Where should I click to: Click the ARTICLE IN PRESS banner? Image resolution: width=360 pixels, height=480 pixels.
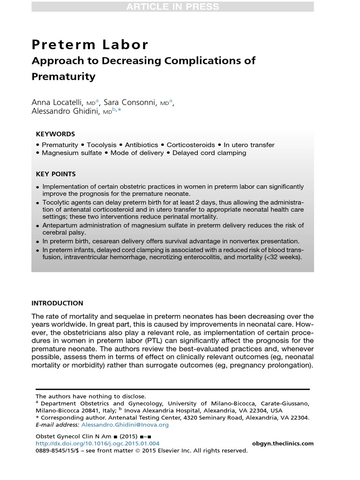coord(172,7)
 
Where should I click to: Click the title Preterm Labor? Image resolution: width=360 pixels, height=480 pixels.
coord(90,45)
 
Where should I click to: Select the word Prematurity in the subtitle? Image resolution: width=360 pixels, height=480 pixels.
coord(63,76)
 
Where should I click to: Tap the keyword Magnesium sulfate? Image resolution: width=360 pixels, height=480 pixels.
coord(72,153)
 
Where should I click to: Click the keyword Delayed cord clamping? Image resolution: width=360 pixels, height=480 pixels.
coord(209,153)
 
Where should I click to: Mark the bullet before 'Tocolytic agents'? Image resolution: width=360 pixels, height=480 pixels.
coord(38,202)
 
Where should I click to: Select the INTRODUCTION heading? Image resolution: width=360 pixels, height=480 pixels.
coord(57,303)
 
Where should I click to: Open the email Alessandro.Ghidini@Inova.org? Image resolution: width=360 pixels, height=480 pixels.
coord(125,425)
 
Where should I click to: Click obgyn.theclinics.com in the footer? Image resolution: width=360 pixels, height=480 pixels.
coord(283,443)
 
